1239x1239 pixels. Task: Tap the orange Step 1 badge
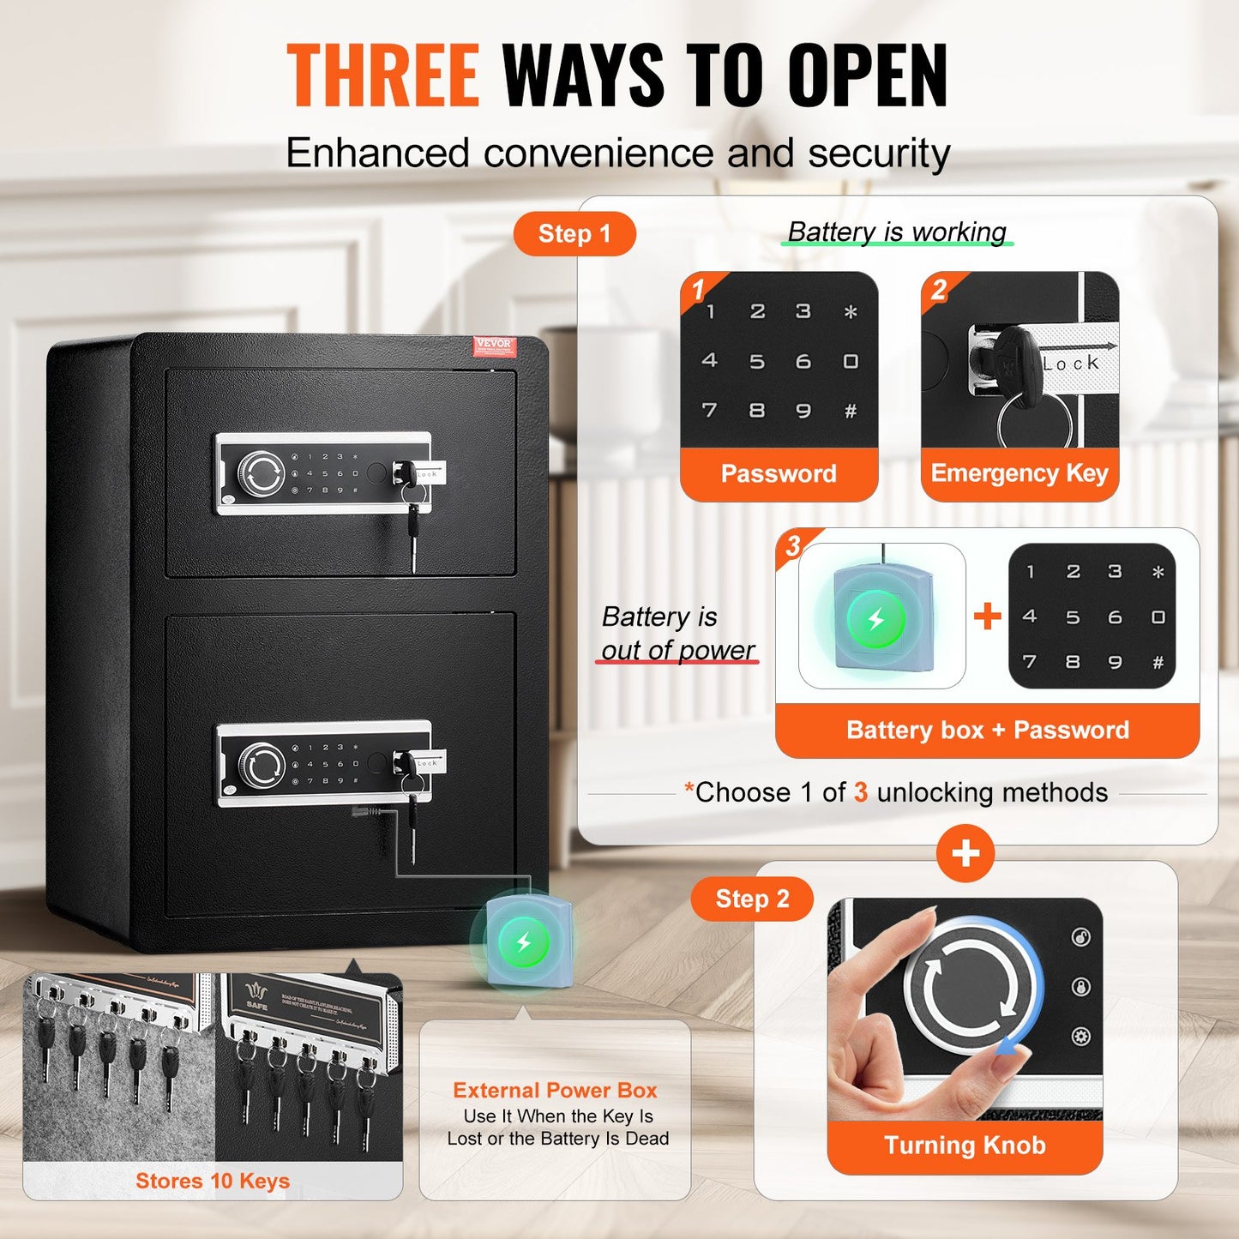coord(574,234)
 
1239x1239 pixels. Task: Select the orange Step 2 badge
coord(752,899)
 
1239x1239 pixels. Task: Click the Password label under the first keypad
coord(779,473)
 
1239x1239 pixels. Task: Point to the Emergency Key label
coord(1019,473)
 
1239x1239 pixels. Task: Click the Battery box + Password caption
coord(987,730)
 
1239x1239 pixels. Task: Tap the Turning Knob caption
coord(965,1146)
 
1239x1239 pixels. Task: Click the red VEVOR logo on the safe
coord(494,345)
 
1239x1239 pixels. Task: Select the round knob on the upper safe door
coord(261,473)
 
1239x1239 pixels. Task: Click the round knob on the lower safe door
coord(262,764)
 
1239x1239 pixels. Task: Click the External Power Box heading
coord(555,1090)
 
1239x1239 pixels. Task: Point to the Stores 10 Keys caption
coord(213,1181)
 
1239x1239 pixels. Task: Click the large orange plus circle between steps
coord(965,853)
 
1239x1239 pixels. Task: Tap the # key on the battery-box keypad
coord(1158,662)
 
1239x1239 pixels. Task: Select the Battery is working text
coord(897,232)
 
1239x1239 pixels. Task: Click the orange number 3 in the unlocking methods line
coord(861,792)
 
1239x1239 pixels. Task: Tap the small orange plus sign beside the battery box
coord(988,616)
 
